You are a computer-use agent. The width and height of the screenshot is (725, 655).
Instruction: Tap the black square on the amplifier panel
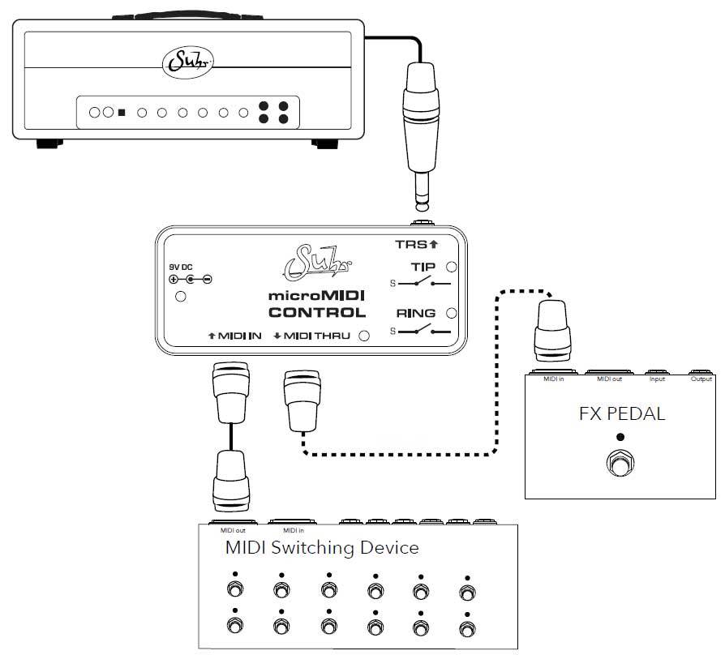122,113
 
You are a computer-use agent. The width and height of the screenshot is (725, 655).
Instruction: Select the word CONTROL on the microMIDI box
316,312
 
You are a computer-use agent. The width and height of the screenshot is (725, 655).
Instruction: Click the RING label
415,313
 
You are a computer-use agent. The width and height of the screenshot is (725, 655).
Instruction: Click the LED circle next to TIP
452,267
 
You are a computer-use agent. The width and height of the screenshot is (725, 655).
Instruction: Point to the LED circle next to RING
452,313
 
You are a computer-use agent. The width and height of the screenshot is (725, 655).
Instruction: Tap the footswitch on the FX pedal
620,466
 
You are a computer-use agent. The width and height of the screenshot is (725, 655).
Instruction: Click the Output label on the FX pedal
701,379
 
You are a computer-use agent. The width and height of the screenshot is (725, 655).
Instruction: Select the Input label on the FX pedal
656,379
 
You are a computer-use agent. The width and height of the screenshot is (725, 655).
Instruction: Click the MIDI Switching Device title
321,548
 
